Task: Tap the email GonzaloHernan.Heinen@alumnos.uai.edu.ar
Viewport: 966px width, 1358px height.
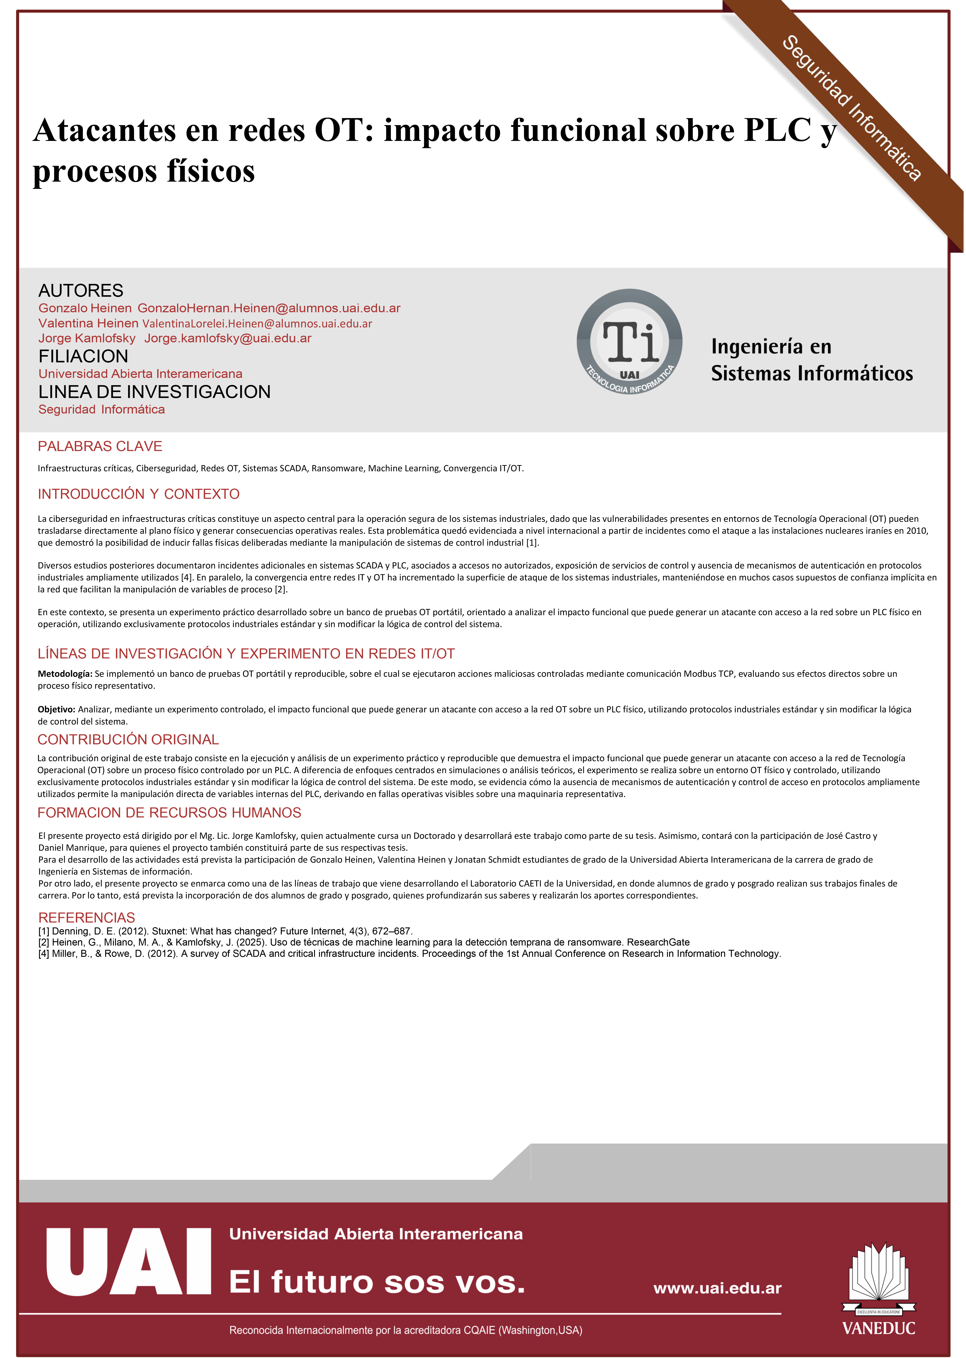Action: tap(269, 308)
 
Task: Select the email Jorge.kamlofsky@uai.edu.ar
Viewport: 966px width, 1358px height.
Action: tap(228, 338)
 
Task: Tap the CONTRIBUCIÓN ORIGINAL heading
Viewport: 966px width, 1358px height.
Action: tap(128, 739)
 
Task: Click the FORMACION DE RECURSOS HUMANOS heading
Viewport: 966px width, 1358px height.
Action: tap(169, 813)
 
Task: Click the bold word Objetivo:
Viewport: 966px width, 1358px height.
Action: tap(56, 710)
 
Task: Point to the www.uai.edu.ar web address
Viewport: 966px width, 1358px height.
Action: tap(717, 1288)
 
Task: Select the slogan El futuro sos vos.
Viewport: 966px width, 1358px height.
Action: tap(377, 1282)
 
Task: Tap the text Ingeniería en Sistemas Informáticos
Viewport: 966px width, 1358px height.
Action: tap(811, 360)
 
